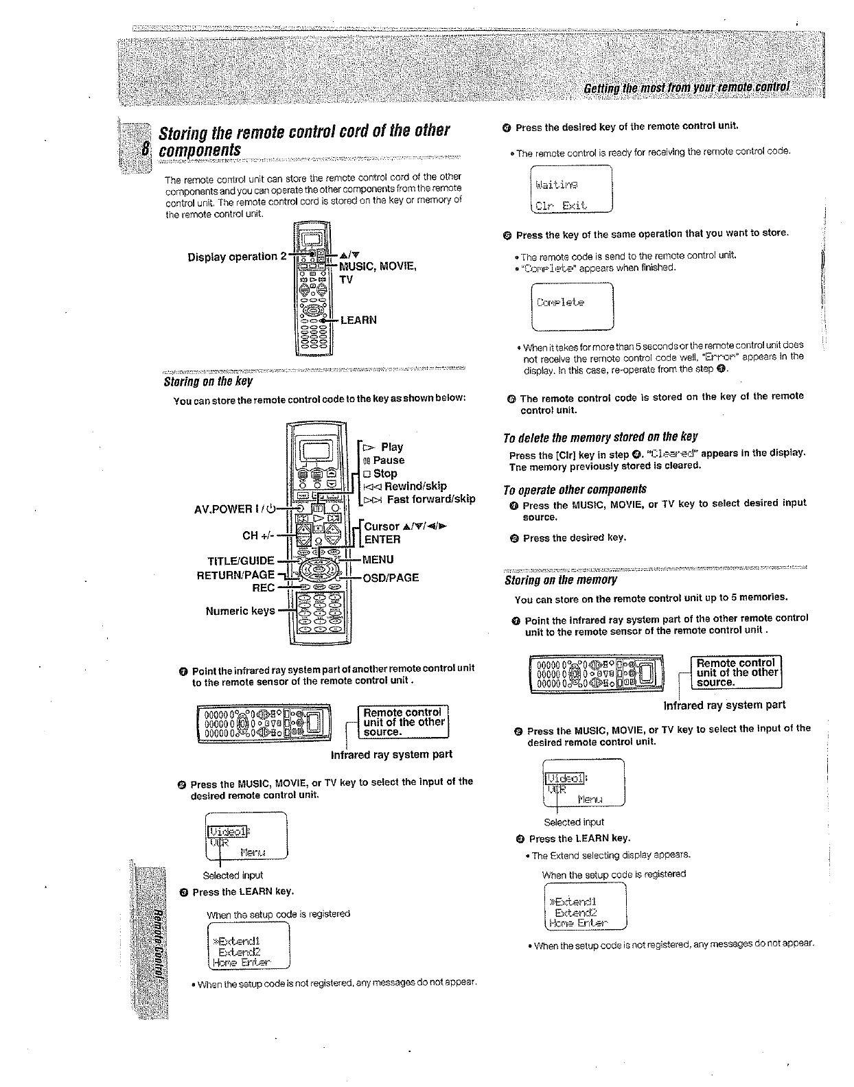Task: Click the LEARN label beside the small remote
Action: (x=358, y=320)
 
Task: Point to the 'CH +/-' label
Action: (x=259, y=535)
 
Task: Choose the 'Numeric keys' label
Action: (x=240, y=611)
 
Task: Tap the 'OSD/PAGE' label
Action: (x=390, y=578)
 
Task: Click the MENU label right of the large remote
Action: (x=378, y=559)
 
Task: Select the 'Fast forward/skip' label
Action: (x=430, y=500)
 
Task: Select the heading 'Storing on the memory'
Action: (x=560, y=581)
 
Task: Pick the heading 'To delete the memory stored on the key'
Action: (x=600, y=437)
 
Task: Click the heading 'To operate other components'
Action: (x=575, y=489)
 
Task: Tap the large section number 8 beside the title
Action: (x=146, y=149)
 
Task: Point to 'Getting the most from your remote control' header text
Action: (x=686, y=89)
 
